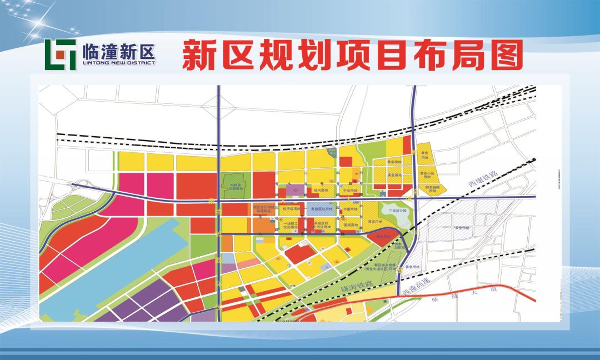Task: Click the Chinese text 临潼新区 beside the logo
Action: tap(118, 51)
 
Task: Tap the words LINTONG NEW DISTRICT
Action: tap(118, 63)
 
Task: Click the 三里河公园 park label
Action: tap(398, 211)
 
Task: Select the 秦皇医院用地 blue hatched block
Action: tap(322, 210)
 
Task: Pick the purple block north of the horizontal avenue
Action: tap(296, 189)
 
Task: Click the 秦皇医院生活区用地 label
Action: tap(322, 225)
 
